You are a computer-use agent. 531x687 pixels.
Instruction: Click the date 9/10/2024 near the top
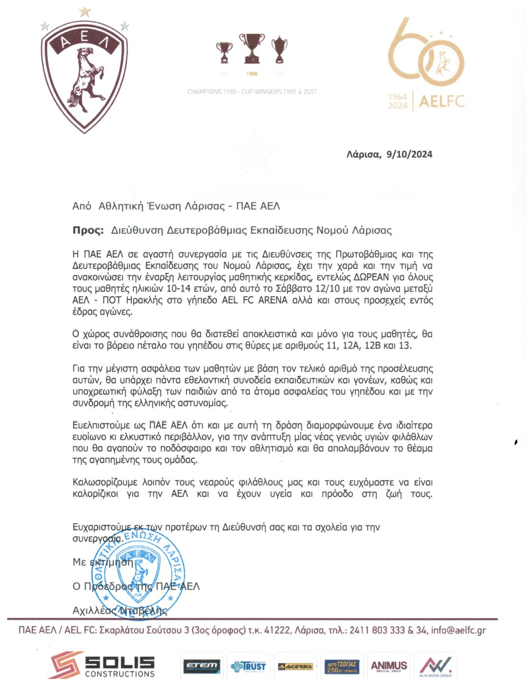(409, 154)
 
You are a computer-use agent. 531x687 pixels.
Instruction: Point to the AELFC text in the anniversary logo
(442, 101)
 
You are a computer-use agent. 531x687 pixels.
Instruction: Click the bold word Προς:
(88, 230)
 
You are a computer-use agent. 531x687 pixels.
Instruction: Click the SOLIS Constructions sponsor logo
(102, 666)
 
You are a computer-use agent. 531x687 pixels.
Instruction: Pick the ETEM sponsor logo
(202, 666)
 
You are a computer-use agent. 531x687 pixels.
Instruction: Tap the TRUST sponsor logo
(248, 666)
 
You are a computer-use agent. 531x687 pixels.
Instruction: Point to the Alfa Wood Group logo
(435, 666)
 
